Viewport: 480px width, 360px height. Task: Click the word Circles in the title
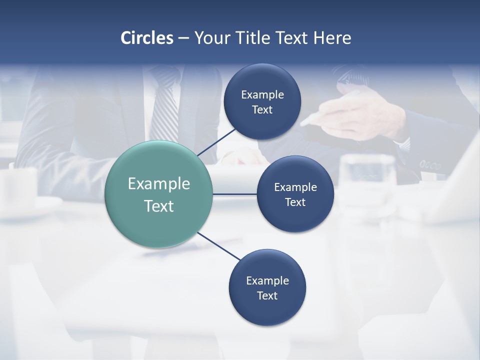click(146, 37)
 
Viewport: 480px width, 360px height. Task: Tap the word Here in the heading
click(332, 37)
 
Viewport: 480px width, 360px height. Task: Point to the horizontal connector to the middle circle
click(235, 194)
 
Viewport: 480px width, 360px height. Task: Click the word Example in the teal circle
click(158, 183)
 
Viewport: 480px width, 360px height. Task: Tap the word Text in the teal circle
click(158, 206)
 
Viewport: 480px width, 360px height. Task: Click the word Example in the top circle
click(262, 94)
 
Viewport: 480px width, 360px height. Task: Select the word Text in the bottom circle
click(267, 295)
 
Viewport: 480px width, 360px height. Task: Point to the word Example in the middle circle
click(295, 187)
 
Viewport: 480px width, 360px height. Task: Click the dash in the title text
click(183, 38)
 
